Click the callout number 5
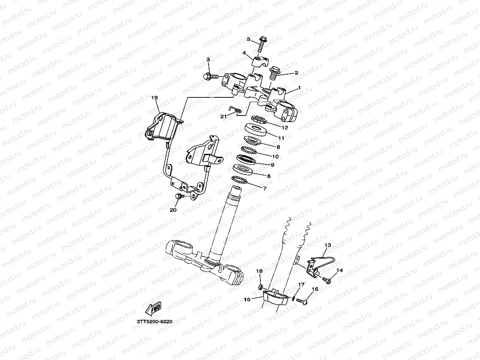click(248, 39)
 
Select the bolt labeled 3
click(210, 76)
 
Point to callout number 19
click(154, 97)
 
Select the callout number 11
click(281, 138)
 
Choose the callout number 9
click(273, 165)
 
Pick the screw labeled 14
click(327, 280)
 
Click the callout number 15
click(247, 300)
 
